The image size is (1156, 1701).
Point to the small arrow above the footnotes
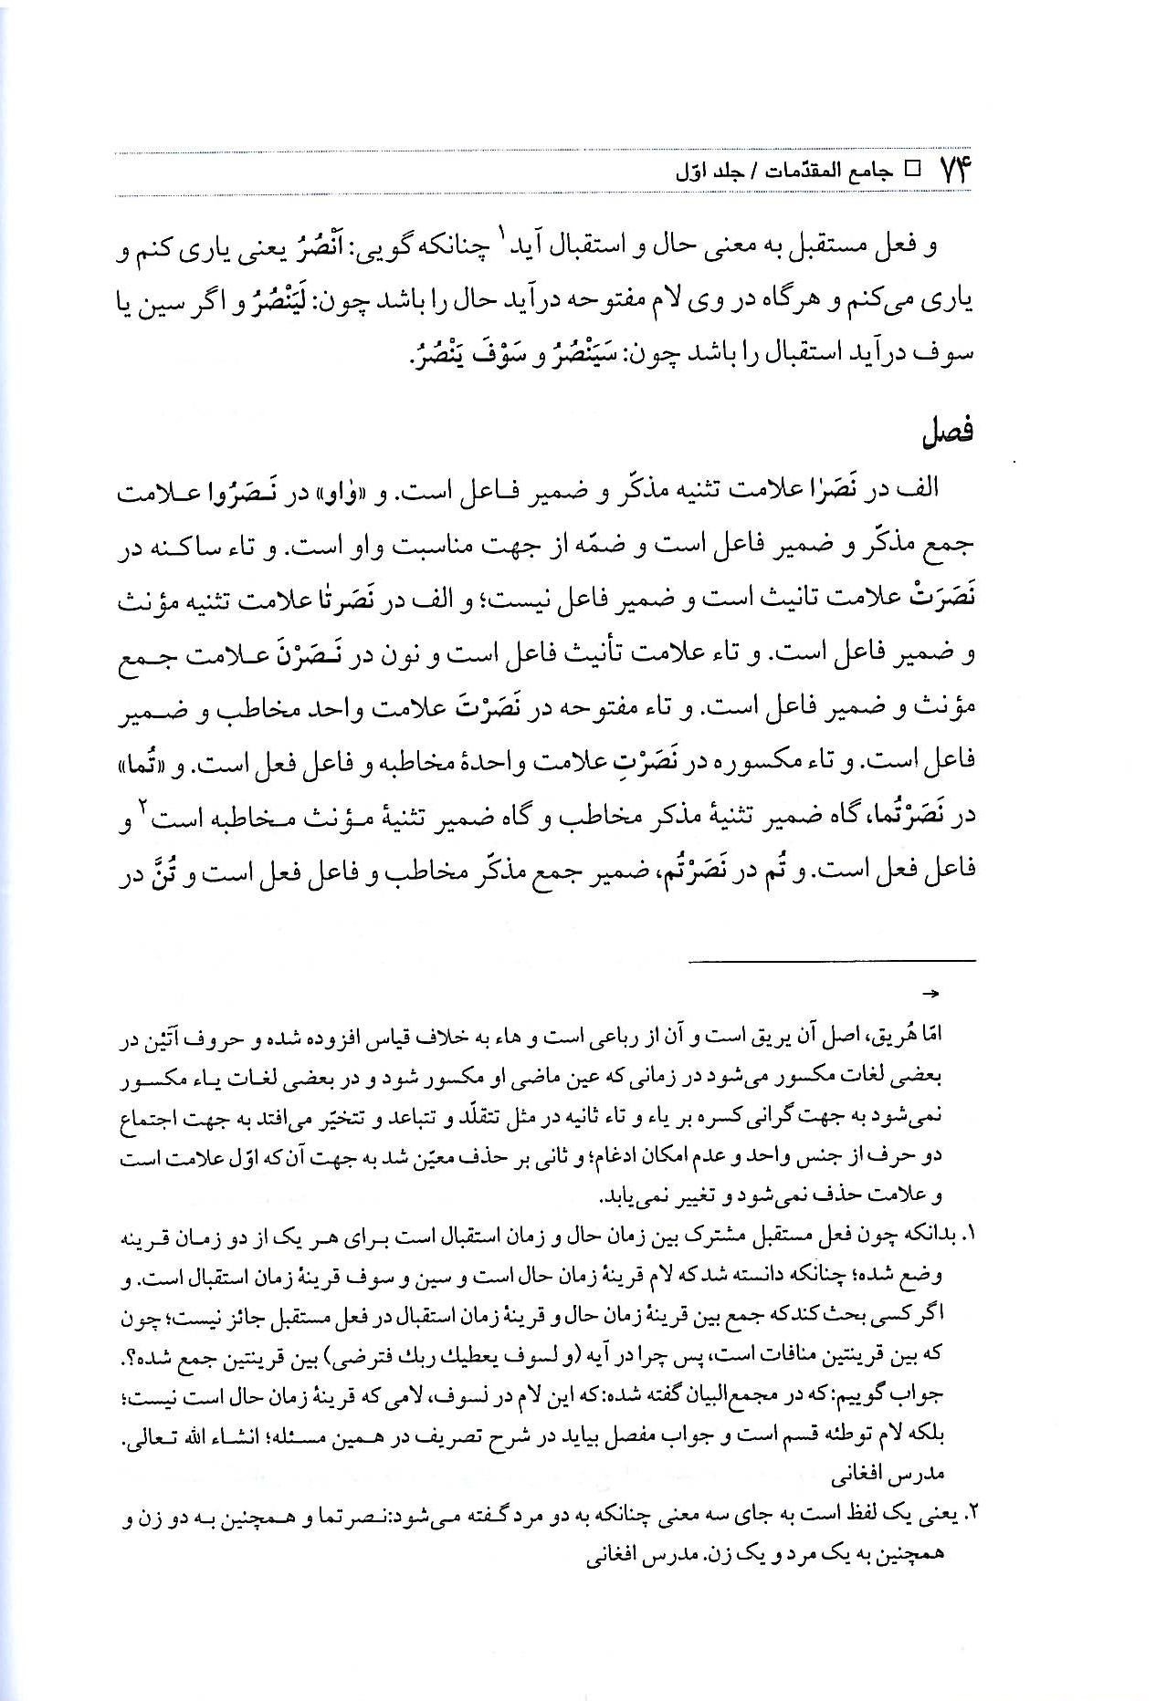[x=932, y=993]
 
